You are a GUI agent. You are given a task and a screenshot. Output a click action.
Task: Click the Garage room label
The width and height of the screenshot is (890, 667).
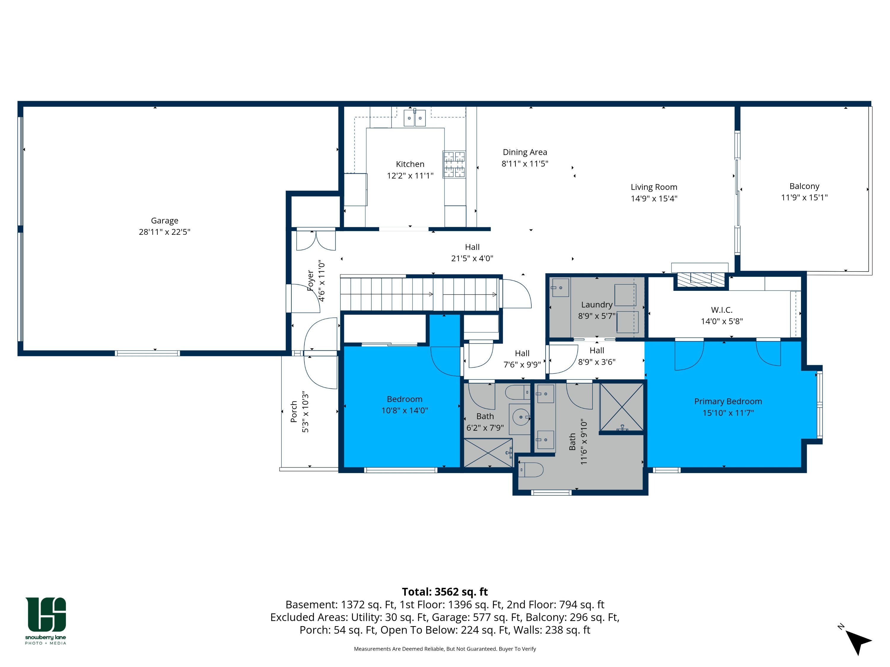click(x=165, y=221)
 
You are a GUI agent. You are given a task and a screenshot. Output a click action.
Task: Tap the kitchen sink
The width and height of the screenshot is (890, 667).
click(x=414, y=118)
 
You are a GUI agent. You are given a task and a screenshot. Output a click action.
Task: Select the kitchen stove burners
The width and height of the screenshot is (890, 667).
click(x=454, y=164)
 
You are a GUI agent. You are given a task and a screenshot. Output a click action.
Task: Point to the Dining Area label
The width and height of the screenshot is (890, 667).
click(x=525, y=152)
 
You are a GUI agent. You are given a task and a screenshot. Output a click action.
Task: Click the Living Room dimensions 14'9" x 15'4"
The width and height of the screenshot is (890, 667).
click(x=654, y=199)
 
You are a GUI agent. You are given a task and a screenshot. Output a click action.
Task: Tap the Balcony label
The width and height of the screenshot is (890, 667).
click(x=804, y=186)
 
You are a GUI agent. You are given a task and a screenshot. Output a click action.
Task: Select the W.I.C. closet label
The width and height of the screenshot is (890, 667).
click(x=722, y=310)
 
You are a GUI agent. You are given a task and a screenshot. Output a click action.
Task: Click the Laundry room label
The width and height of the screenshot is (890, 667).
click(x=597, y=305)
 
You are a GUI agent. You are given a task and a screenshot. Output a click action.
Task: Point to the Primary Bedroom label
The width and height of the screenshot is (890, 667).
click(x=728, y=401)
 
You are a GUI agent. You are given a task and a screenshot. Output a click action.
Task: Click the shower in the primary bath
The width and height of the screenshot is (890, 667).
click(x=622, y=407)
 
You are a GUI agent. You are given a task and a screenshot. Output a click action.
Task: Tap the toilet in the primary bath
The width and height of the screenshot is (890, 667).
click(x=531, y=469)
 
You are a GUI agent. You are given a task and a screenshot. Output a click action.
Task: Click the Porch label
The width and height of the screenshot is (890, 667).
click(x=294, y=411)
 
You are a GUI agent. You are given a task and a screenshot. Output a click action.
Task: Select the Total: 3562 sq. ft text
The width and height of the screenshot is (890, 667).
click(x=445, y=592)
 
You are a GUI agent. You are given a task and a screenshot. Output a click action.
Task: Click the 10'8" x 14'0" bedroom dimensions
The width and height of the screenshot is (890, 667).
click(x=404, y=411)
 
